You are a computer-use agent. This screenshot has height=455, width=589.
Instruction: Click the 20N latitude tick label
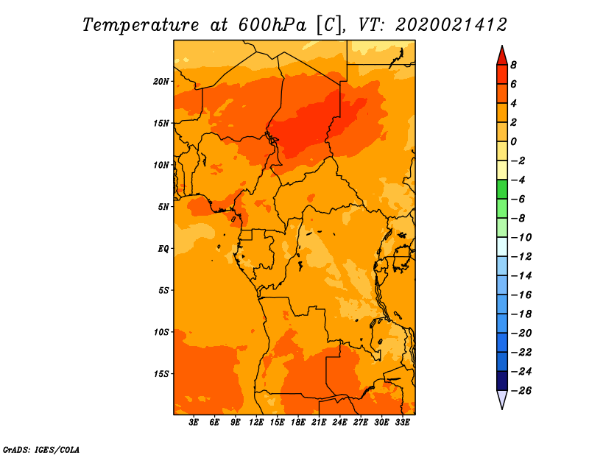161,82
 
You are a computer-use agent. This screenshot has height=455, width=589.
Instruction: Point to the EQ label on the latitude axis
163,249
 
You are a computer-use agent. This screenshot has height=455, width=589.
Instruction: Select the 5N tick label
163,207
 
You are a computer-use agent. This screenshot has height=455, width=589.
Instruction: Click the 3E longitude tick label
194,423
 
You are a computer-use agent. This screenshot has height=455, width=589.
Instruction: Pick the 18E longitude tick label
298,423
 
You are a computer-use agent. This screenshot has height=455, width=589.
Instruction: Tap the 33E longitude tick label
402,423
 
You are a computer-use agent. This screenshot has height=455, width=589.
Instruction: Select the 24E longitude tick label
339,423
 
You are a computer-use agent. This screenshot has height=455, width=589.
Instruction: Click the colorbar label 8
513,65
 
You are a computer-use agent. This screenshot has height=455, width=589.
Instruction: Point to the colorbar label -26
521,391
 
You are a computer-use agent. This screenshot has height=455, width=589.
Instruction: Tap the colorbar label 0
513,141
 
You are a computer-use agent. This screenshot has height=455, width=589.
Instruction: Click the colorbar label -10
521,238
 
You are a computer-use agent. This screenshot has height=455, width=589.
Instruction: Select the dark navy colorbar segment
502,381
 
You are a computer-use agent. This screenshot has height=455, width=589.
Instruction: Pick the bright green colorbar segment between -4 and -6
502,189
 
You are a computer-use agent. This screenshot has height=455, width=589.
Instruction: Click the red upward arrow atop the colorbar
502,55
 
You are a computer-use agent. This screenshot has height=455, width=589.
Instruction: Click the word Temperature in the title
141,25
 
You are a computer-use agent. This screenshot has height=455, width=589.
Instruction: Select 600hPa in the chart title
272,25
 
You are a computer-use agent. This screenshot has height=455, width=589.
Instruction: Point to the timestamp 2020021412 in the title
451,25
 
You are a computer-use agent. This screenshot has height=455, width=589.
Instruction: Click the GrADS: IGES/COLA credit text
41,449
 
